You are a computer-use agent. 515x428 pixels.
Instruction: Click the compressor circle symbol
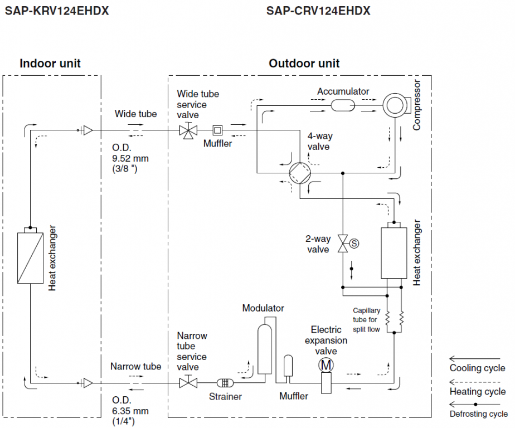pos(395,104)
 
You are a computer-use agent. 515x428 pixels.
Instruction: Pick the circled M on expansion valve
pos(325,365)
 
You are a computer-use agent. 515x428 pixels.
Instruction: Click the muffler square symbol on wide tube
pos(217,131)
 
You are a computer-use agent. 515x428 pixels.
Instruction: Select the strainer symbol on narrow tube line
pos(225,383)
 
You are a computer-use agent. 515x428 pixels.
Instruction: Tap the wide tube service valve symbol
pos(188,131)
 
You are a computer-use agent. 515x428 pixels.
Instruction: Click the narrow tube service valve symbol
pos(188,383)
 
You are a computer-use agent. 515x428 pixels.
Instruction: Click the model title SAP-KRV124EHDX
pos(56,11)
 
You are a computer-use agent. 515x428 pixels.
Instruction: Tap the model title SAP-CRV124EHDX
pos(318,11)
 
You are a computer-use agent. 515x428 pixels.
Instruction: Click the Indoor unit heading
pos(50,63)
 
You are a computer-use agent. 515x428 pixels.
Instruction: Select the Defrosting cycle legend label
pos(478,414)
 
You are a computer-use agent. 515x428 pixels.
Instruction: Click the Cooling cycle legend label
pos(478,368)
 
